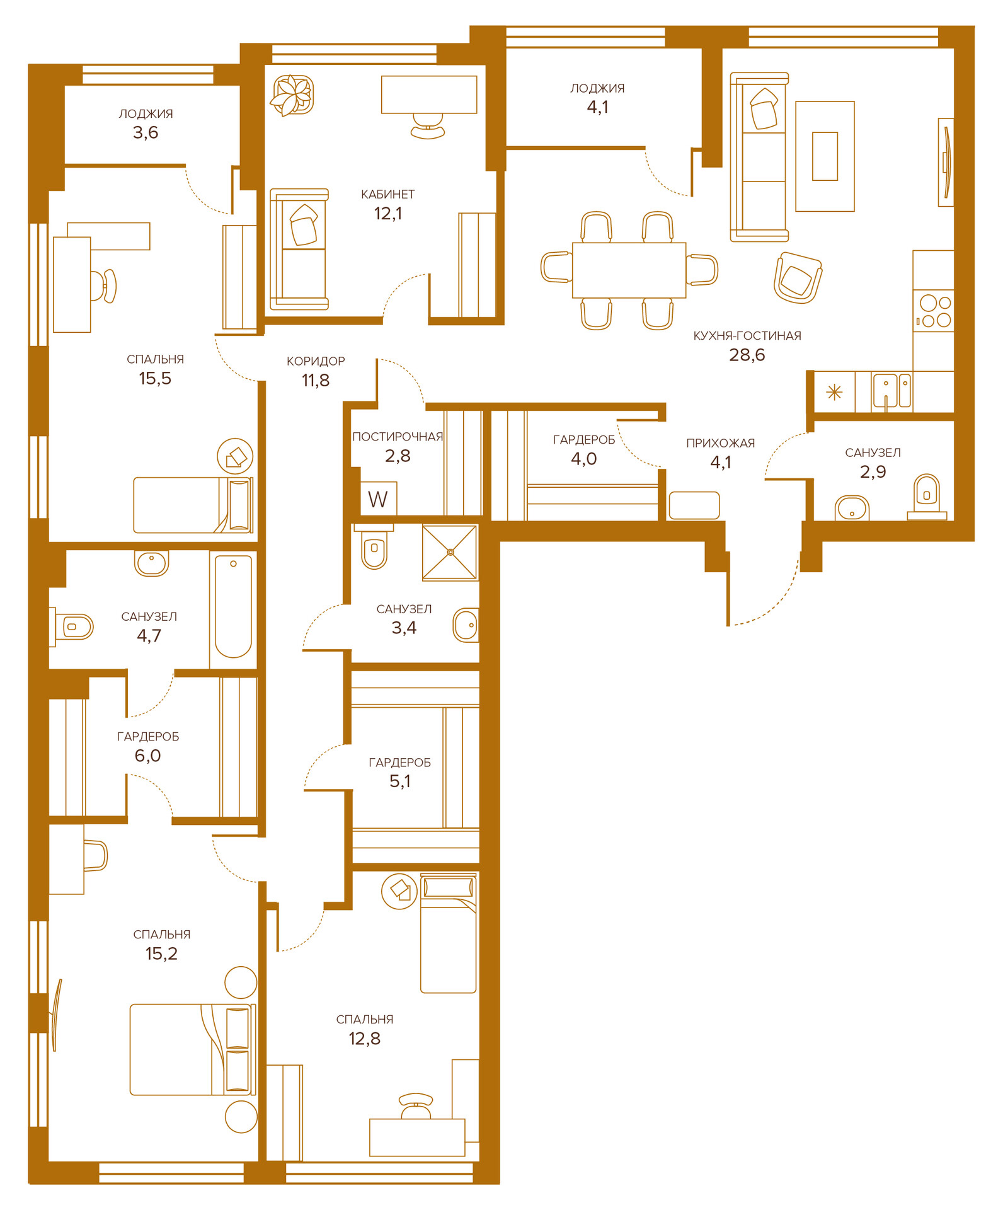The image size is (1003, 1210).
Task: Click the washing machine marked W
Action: pyautogui.click(x=379, y=499)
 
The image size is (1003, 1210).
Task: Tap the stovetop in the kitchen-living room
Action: pyautogui.click(x=934, y=311)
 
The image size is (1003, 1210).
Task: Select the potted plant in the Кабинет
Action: pyautogui.click(x=292, y=95)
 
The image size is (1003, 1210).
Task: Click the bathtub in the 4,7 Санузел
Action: pyautogui.click(x=233, y=606)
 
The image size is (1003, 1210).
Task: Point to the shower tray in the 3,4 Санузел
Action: pyautogui.click(x=450, y=552)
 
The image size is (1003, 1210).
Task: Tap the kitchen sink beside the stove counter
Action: pyautogui.click(x=891, y=391)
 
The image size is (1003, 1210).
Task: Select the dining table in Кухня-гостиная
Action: pyautogui.click(x=629, y=270)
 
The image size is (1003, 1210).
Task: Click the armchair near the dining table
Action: pyautogui.click(x=798, y=278)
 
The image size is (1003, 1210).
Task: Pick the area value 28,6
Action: pyautogui.click(x=747, y=355)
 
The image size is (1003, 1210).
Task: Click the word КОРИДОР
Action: pyautogui.click(x=316, y=361)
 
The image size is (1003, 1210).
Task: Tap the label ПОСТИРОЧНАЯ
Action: pyautogui.click(x=398, y=437)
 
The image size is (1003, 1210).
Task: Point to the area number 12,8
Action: pyautogui.click(x=365, y=1039)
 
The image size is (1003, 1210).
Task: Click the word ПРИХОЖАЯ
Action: pyautogui.click(x=721, y=443)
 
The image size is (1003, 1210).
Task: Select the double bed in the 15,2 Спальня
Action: pyautogui.click(x=193, y=1049)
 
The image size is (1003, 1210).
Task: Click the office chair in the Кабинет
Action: pyautogui.click(x=428, y=126)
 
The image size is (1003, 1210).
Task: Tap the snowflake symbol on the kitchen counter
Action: pyautogui.click(x=834, y=393)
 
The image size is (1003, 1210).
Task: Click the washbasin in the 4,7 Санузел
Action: pyautogui.click(x=151, y=563)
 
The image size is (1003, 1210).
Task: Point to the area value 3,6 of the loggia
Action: pyautogui.click(x=146, y=132)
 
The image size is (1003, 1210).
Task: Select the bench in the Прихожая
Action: pyautogui.click(x=694, y=505)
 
